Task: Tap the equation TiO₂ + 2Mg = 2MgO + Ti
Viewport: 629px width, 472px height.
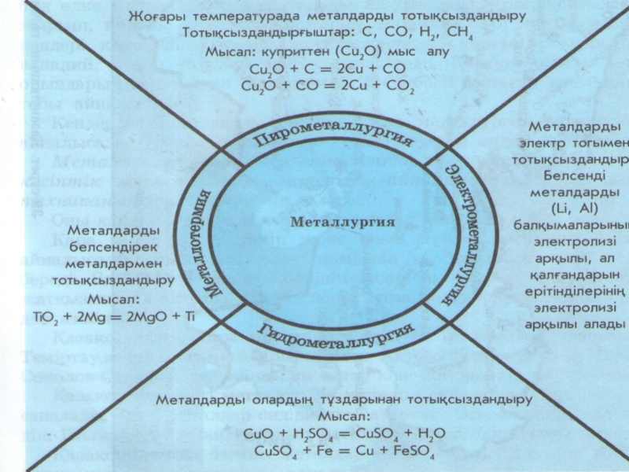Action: [109, 317]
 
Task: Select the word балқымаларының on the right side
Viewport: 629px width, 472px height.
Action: [578, 225]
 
